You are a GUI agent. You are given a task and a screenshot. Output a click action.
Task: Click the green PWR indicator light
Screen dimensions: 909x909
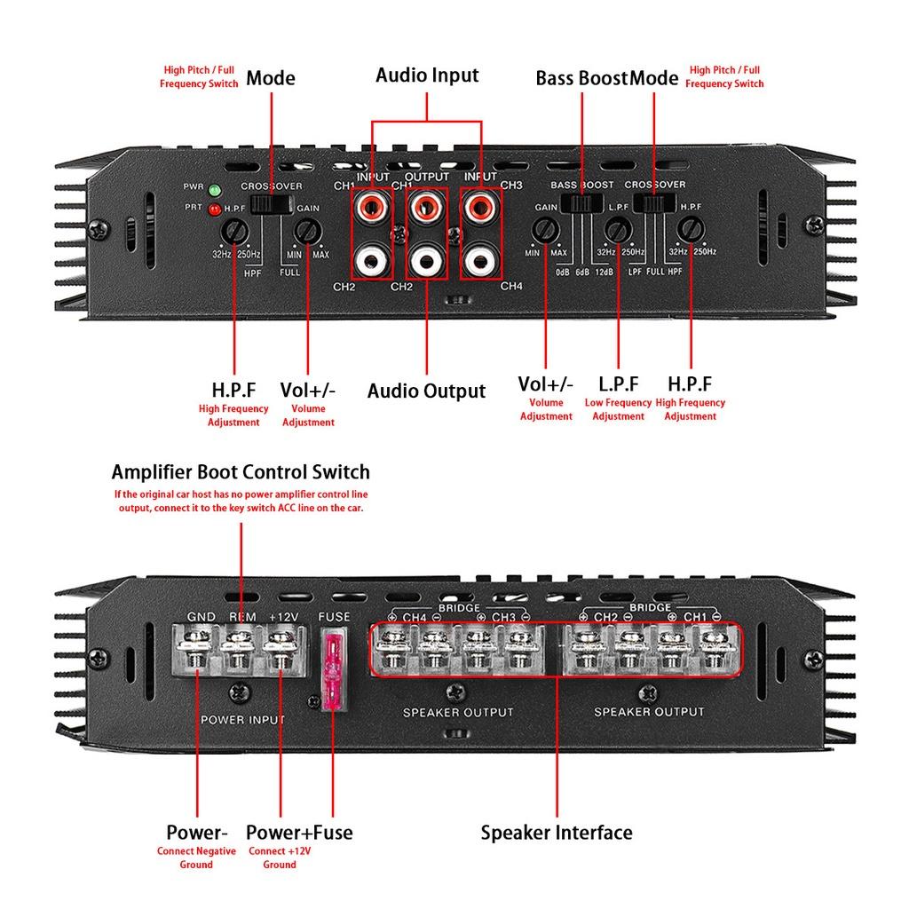click(x=215, y=190)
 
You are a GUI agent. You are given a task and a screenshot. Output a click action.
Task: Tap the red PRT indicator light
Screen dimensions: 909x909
click(x=215, y=209)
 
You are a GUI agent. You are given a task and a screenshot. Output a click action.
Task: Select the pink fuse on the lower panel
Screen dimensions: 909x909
click(x=334, y=671)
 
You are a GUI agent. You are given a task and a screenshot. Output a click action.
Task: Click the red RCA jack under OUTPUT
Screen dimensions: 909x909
click(x=427, y=205)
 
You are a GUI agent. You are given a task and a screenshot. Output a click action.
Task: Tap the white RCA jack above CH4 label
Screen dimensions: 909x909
click(x=480, y=260)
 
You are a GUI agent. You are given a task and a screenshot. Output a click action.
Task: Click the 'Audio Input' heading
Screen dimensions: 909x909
click(x=427, y=75)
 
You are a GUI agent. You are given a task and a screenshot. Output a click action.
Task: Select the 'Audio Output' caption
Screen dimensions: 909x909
click(x=426, y=391)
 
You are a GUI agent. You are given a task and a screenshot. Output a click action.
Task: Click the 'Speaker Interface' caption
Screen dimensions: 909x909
click(x=557, y=833)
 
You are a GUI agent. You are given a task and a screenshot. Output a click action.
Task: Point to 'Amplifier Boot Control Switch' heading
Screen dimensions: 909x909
click(x=241, y=472)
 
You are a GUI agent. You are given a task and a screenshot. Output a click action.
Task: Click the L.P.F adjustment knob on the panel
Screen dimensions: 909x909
click(x=618, y=230)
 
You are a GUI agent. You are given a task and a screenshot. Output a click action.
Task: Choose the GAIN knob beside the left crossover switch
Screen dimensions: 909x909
click(x=307, y=232)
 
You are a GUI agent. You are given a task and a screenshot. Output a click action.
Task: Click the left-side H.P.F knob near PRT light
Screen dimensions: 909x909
click(x=234, y=232)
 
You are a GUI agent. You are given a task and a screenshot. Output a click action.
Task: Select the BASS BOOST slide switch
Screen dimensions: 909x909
click(x=582, y=203)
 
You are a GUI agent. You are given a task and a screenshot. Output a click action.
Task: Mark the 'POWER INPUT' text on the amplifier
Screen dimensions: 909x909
click(x=242, y=719)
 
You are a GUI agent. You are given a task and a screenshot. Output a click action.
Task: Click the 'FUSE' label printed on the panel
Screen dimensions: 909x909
click(x=334, y=617)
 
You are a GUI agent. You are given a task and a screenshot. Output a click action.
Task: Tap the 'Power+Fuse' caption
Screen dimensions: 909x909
click(x=299, y=833)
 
